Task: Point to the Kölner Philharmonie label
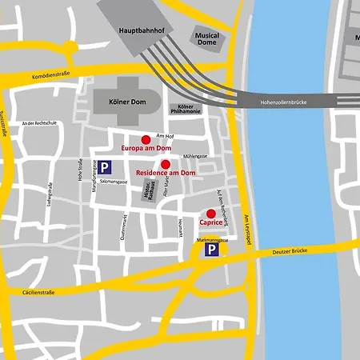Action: coord(186,110)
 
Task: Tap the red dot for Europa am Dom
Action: coord(146,139)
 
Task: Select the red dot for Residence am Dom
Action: coord(166,164)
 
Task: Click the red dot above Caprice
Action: coord(211,214)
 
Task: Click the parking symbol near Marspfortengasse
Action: coord(106,168)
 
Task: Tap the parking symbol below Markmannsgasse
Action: coord(211,250)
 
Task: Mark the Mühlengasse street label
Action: coord(195,156)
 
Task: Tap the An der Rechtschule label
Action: coord(41,123)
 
